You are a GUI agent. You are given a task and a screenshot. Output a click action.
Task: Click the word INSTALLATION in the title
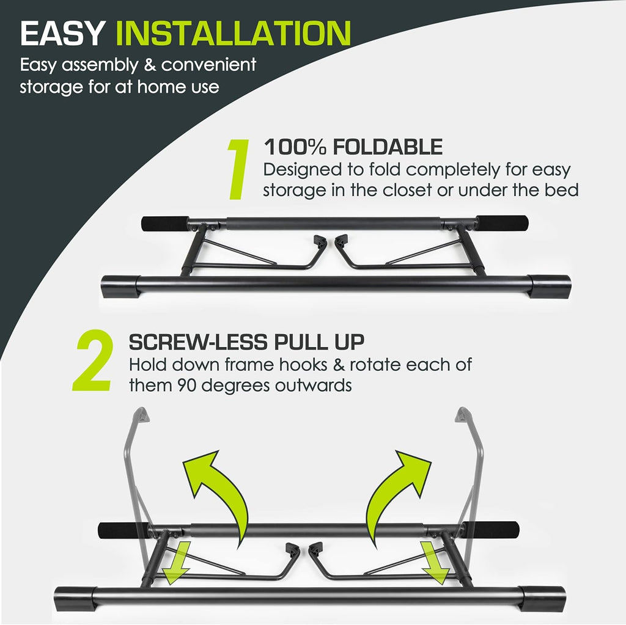(x=233, y=34)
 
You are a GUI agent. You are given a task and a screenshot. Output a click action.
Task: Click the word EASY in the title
(x=62, y=34)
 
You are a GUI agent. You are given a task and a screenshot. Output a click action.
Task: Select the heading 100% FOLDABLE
(x=353, y=147)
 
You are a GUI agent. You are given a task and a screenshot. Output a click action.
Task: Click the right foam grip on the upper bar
(x=502, y=223)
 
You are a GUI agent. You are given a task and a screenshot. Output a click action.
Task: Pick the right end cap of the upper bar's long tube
(x=550, y=285)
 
